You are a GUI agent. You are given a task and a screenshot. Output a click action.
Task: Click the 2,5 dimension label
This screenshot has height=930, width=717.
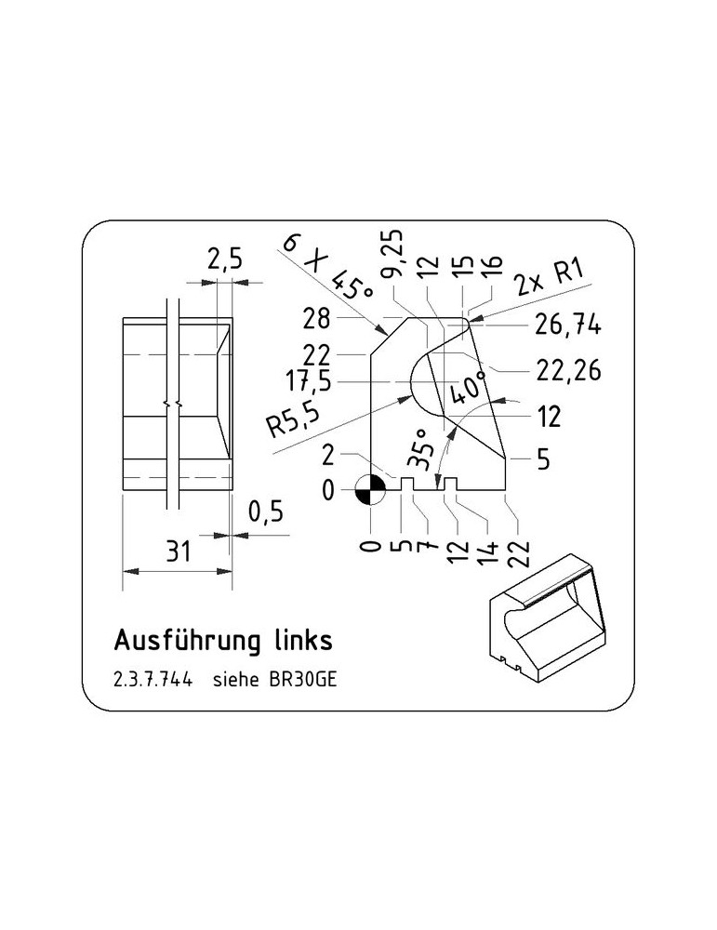click(x=225, y=259)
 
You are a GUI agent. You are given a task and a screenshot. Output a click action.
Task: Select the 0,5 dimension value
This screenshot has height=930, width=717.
click(x=266, y=511)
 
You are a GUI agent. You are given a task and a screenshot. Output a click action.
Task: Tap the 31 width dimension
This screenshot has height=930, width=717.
click(x=179, y=551)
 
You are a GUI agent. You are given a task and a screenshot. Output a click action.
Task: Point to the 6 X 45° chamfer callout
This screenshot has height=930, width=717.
click(x=328, y=268)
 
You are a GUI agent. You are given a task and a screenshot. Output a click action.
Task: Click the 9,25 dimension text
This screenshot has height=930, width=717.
click(x=392, y=253)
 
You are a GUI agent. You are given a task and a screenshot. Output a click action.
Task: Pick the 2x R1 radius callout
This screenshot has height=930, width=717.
click(x=550, y=277)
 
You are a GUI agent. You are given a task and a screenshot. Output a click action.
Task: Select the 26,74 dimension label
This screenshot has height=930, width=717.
click(x=568, y=325)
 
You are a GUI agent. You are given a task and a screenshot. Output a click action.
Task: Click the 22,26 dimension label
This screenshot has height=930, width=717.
click(x=568, y=371)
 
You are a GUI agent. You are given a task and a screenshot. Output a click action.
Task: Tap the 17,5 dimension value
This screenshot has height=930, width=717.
click(x=309, y=381)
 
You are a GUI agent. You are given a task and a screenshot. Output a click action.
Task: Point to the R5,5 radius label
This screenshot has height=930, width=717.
click(x=293, y=418)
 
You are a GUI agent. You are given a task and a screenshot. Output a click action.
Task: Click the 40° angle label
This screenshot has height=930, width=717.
click(x=468, y=387)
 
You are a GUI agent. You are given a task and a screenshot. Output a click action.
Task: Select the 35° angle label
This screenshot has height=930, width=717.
click(x=421, y=448)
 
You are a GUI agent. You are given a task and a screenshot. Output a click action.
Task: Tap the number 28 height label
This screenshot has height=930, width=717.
click(x=316, y=319)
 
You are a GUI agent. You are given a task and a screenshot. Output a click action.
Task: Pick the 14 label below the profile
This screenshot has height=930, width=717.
click(x=487, y=553)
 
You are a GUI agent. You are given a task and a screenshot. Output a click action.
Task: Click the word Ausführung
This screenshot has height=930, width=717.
click(x=187, y=641)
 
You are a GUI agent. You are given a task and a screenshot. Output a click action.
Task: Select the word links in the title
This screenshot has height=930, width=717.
click(x=303, y=641)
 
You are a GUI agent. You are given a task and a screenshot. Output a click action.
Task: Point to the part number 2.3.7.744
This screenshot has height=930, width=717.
click(x=153, y=680)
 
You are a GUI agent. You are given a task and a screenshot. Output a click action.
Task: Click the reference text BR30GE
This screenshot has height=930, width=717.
click(x=303, y=680)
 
